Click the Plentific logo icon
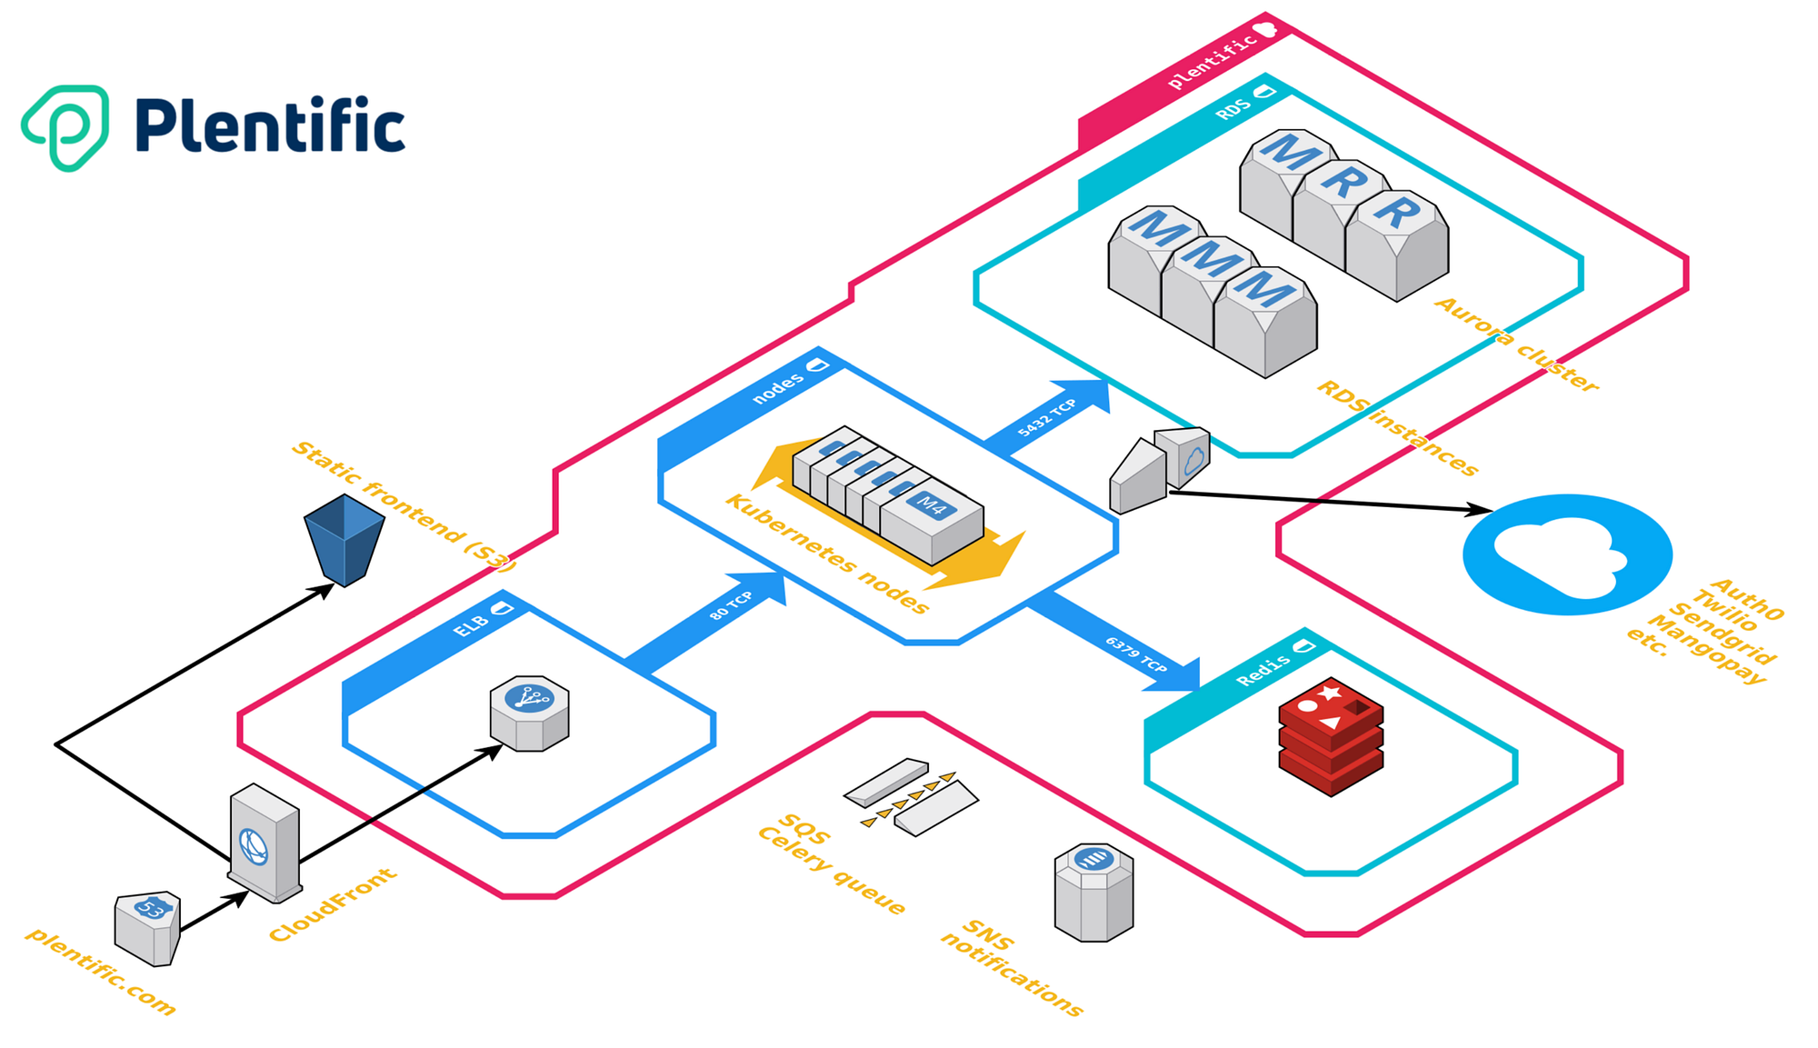click(x=66, y=127)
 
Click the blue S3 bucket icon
click(x=344, y=539)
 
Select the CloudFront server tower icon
click(x=265, y=843)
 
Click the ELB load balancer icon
click(x=529, y=714)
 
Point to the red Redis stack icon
click(x=1331, y=736)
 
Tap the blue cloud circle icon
click(x=1567, y=554)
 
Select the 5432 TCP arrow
click(x=1050, y=416)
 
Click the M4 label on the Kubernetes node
click(x=932, y=504)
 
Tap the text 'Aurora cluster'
click(x=1516, y=344)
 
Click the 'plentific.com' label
click(x=101, y=971)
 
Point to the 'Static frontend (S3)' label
click(x=405, y=505)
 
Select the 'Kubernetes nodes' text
click(x=827, y=554)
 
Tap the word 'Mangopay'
click(x=1706, y=650)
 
